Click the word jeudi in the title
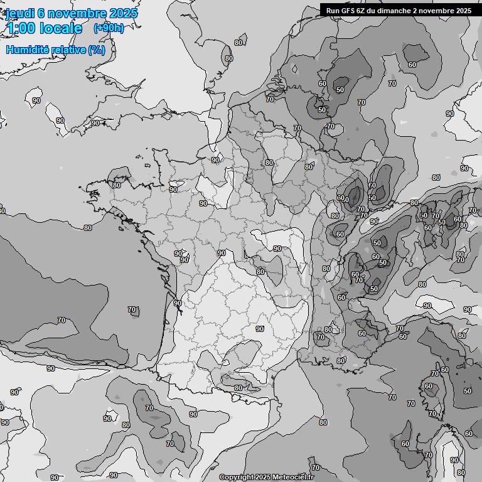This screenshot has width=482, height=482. pos(20,14)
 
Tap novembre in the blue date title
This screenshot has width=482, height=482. pos(78,14)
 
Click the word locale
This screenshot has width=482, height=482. pos(61,28)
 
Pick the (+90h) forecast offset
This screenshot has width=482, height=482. pos(108,28)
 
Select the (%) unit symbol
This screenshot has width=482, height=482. pos(97,50)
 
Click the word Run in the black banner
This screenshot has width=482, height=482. pos(333,10)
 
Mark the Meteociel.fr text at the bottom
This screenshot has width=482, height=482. pos(292,478)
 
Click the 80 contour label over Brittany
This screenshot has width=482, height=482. pos(116,185)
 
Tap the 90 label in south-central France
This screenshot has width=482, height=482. pos(260,329)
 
